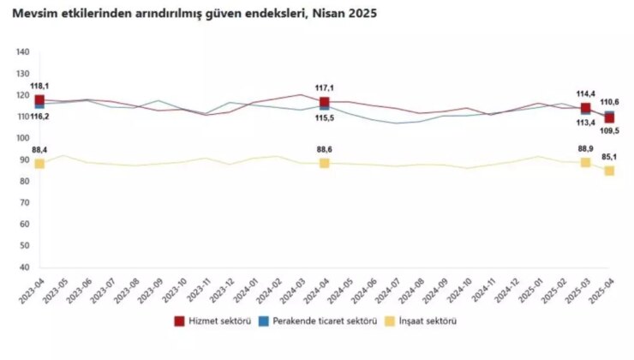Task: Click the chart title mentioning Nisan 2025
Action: tap(193, 15)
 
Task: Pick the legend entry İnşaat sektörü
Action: tap(425, 321)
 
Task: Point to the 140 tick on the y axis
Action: tap(22, 53)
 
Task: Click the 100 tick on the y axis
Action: tap(22, 139)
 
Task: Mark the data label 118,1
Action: tap(39, 86)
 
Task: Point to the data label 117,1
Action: tap(325, 88)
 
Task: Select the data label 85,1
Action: tap(609, 157)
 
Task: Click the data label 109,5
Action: tap(609, 131)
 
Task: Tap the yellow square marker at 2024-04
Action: tap(325, 163)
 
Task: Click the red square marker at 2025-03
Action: tap(585, 108)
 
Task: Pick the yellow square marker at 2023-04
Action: tap(39, 163)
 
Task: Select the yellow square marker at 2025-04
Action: tap(609, 171)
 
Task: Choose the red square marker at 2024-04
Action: tap(325, 102)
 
